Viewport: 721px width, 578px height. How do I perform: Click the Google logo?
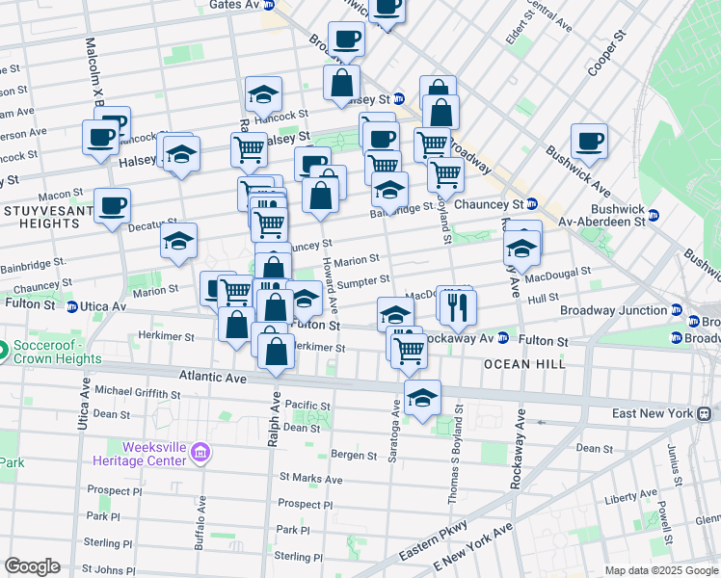(x=32, y=566)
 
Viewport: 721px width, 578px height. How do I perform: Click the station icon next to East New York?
(x=706, y=413)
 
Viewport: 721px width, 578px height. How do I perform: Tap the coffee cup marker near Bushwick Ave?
(x=588, y=141)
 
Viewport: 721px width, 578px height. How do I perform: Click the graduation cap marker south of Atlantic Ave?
(x=422, y=397)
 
